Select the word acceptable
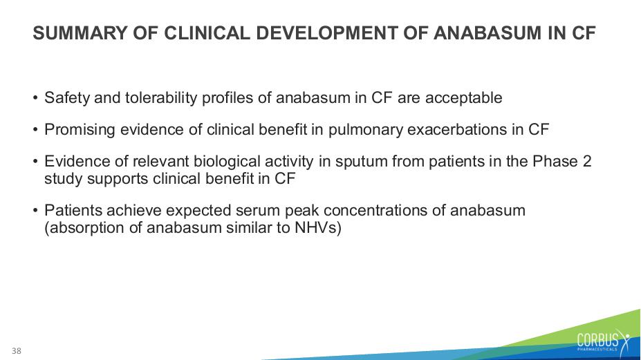pos(463,97)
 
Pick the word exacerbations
pos(458,129)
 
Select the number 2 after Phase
pos(587,162)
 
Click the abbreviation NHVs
pos(317,227)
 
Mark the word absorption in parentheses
pos(84,228)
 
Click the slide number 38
pos(17,350)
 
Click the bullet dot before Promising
pos(35,130)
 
